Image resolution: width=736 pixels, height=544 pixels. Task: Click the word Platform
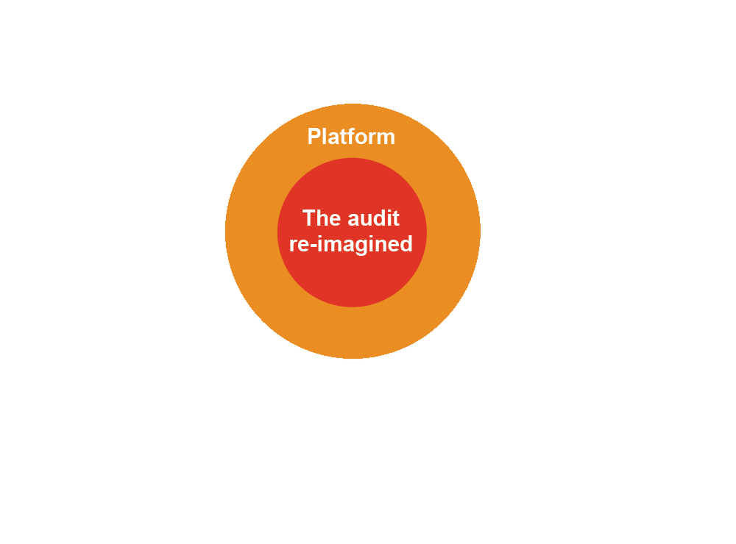pyautogui.click(x=351, y=137)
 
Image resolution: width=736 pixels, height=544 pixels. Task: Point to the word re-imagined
pyautogui.click(x=351, y=244)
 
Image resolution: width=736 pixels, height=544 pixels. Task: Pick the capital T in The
pyautogui.click(x=308, y=218)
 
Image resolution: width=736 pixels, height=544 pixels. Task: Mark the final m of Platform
pyautogui.click(x=386, y=137)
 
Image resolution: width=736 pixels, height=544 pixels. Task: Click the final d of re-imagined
pyautogui.click(x=406, y=244)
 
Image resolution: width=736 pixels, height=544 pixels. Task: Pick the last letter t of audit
pyautogui.click(x=396, y=218)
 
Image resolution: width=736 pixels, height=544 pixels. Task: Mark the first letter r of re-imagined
pyautogui.click(x=294, y=245)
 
